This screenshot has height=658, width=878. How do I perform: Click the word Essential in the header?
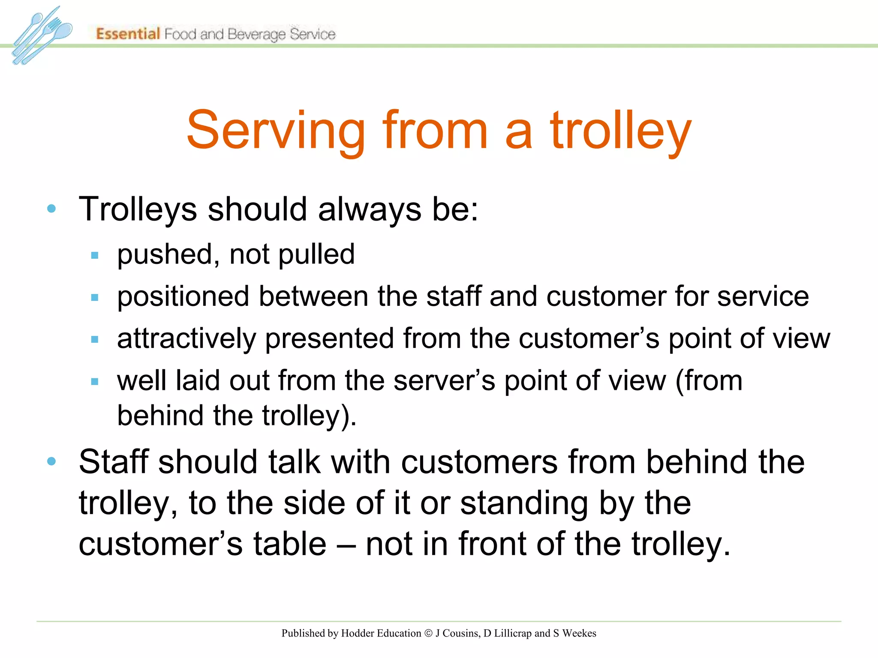(128, 33)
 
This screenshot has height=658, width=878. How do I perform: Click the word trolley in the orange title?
(621, 130)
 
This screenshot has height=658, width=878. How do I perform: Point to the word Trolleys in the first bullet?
(138, 209)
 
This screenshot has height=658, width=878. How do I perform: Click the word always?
(370, 209)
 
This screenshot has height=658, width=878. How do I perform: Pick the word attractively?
(186, 338)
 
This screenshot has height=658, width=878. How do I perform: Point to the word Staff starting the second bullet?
(114, 462)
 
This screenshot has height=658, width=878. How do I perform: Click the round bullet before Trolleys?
(51, 209)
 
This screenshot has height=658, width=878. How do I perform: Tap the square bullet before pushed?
(95, 256)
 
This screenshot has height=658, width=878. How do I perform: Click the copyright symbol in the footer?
(428, 633)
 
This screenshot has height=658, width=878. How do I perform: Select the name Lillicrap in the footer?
(513, 633)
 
